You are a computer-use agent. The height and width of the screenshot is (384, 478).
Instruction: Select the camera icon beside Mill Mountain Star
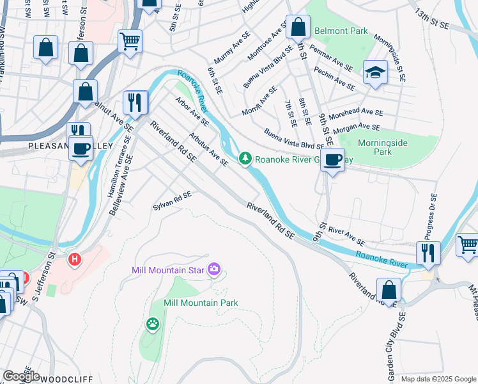(215, 269)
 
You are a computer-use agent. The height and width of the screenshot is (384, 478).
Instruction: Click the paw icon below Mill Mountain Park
(153, 324)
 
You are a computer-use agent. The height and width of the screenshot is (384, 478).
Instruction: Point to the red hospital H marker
(75, 260)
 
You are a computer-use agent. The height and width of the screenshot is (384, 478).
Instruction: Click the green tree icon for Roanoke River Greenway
(245, 159)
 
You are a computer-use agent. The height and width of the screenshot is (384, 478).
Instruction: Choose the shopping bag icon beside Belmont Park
(298, 27)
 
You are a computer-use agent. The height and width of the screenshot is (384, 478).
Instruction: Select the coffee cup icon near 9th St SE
(332, 159)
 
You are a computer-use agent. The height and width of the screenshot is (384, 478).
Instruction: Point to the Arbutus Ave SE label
(208, 149)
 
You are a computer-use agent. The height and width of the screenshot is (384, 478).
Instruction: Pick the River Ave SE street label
(347, 237)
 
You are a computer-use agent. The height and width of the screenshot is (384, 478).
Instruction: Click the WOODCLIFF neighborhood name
(66, 379)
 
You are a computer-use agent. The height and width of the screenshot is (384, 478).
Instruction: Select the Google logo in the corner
(21, 376)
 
